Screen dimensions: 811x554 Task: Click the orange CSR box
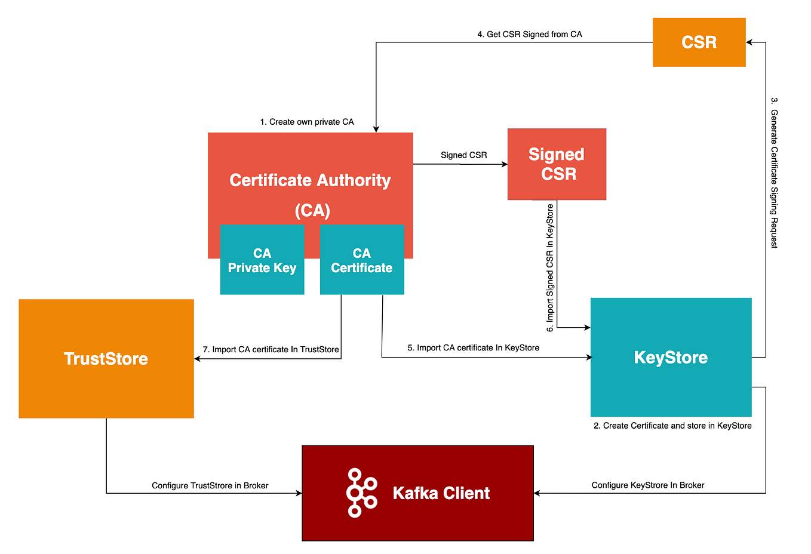click(x=699, y=42)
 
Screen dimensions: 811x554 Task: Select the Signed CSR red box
click(x=557, y=164)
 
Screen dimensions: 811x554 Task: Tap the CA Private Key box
click(x=262, y=260)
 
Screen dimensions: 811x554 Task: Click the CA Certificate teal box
click(x=362, y=260)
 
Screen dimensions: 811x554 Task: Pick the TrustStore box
click(x=106, y=358)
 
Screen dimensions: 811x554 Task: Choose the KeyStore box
click(x=671, y=357)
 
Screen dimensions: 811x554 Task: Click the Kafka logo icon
click(x=361, y=493)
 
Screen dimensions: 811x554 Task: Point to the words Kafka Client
click(x=441, y=493)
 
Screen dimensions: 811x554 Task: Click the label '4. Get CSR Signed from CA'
click(x=529, y=34)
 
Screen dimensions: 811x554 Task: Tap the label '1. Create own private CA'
click(x=306, y=122)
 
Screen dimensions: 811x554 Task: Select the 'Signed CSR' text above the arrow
click(x=463, y=155)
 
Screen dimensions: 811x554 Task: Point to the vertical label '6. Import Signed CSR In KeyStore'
click(x=550, y=267)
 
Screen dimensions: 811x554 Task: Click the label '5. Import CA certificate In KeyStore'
click(x=473, y=347)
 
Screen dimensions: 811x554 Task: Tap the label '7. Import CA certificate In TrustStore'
click(x=271, y=349)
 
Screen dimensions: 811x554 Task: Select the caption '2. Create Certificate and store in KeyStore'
click(x=672, y=426)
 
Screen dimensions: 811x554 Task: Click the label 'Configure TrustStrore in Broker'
click(x=210, y=485)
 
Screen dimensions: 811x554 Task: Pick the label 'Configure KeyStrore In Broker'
click(x=647, y=485)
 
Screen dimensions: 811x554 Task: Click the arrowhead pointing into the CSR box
click(x=749, y=42)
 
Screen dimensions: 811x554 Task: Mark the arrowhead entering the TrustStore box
click(x=198, y=359)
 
